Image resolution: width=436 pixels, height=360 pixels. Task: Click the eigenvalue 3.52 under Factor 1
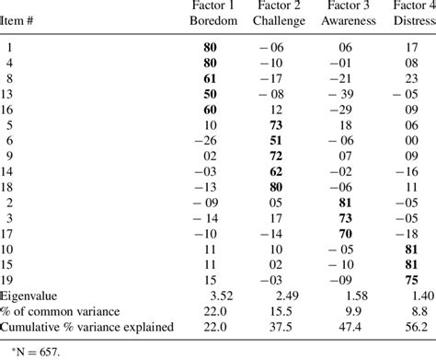(x=211, y=296)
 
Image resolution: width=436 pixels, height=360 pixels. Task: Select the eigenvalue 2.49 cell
(x=278, y=296)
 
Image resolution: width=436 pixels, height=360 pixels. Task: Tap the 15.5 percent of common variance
(x=279, y=311)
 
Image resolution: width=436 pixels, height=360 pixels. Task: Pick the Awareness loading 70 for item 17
(x=346, y=234)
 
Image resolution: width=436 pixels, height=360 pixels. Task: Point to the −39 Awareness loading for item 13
(x=343, y=95)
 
